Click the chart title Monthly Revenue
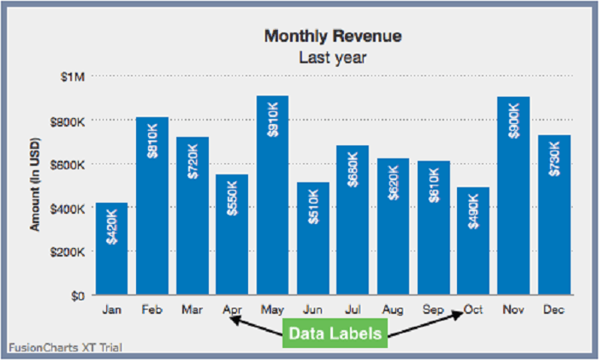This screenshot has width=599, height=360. tap(333, 36)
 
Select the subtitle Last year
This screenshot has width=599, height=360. tap(333, 57)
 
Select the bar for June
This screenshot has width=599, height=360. tap(312, 239)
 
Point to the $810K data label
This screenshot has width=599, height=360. tap(152, 141)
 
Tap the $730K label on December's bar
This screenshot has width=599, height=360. tap(554, 159)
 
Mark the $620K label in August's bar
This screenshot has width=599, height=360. tap(393, 182)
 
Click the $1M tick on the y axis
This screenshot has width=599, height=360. tap(73, 76)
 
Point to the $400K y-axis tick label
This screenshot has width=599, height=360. tap(68, 208)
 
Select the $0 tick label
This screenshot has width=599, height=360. tap(78, 296)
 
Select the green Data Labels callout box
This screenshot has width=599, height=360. tap(333, 333)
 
